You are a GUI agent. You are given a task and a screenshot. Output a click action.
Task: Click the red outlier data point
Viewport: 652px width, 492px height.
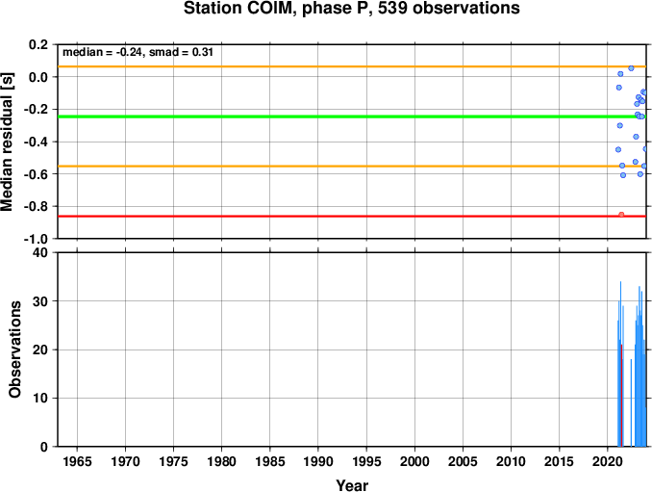point(621,215)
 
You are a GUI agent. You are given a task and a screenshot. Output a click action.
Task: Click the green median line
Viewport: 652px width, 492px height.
point(352,117)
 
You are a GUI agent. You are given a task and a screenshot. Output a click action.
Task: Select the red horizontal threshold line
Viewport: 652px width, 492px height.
point(352,216)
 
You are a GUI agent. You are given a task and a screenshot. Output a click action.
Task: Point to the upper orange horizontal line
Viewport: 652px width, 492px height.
point(352,66)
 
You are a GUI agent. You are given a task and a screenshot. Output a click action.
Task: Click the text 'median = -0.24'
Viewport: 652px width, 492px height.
point(102,52)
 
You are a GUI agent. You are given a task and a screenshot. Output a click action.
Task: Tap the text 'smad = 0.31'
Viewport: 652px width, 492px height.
point(181,52)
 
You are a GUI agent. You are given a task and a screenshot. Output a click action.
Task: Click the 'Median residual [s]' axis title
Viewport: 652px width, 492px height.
point(7,142)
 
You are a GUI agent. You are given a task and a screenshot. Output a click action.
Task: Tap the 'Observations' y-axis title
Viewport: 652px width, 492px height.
point(15,350)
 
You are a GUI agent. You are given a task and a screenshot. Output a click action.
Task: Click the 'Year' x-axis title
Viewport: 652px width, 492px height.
point(352,485)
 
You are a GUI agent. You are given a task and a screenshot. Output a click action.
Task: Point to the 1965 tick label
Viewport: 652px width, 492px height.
point(77,461)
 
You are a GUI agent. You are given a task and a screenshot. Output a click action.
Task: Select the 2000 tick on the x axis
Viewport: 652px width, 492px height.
point(414,461)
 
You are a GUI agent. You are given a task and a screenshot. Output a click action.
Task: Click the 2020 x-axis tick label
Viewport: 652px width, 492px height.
point(608,461)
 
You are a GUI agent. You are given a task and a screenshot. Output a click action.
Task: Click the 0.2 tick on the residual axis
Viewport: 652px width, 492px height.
point(38,44)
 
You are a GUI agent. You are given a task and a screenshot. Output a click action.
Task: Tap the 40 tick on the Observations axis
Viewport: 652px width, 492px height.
point(40,252)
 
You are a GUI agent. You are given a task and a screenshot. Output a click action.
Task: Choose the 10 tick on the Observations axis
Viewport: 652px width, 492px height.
point(40,399)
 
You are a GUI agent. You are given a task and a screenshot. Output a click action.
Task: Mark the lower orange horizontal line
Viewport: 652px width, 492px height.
point(352,166)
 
